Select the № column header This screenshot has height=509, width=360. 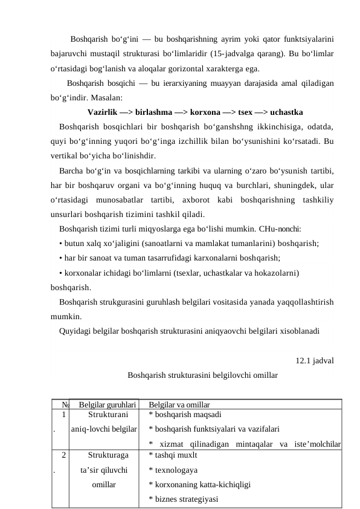click(65, 404)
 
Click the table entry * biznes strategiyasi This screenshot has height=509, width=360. click(184, 499)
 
